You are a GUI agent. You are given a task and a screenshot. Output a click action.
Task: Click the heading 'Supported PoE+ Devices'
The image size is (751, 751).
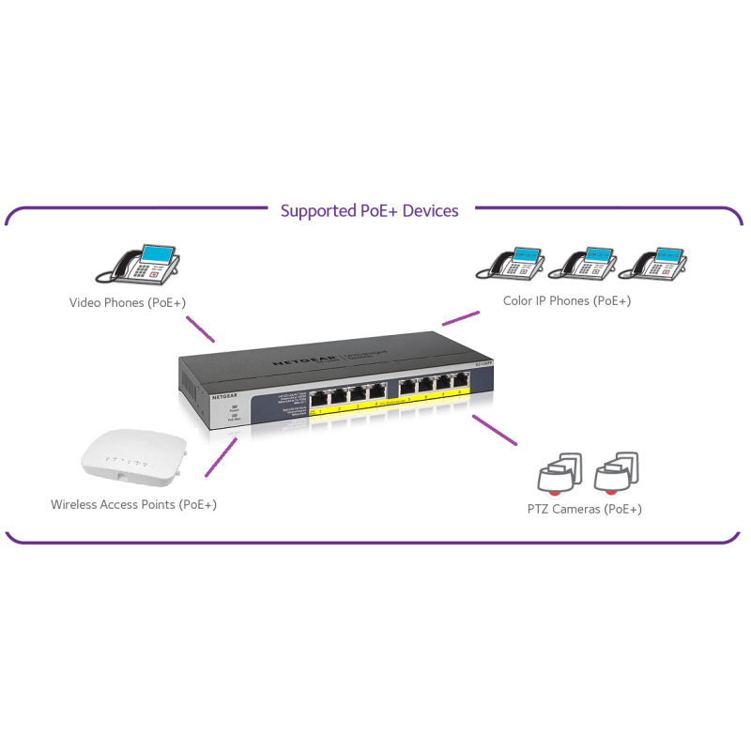point(369,211)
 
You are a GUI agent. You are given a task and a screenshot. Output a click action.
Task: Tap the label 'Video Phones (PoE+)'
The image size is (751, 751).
point(128,302)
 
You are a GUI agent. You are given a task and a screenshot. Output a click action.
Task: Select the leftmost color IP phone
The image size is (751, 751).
point(511,263)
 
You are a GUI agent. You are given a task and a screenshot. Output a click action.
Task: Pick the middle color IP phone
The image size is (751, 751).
point(583,263)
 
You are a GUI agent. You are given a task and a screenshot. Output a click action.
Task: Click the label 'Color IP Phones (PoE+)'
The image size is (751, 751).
point(566,300)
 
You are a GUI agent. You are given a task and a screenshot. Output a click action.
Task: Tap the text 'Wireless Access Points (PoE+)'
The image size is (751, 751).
point(133,504)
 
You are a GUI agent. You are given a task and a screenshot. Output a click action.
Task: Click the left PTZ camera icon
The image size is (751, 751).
point(559,473)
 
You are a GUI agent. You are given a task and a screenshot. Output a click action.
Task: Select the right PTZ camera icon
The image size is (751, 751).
point(617,473)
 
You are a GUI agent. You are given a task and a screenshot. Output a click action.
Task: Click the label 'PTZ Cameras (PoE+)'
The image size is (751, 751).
point(584,509)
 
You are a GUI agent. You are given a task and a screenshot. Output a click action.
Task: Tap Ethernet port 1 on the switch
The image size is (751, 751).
point(321,395)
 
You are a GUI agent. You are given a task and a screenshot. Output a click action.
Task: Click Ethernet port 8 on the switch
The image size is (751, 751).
point(460,381)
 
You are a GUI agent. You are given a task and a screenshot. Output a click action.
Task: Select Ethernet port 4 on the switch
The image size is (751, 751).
point(376,390)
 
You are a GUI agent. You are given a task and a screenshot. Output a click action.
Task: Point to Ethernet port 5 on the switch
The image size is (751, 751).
point(406,387)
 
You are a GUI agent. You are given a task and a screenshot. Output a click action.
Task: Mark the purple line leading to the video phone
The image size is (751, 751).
point(200,329)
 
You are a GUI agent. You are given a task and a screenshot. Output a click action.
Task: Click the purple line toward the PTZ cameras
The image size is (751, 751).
point(495,429)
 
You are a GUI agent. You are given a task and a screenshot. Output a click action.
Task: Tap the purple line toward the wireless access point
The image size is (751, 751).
point(220,458)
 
